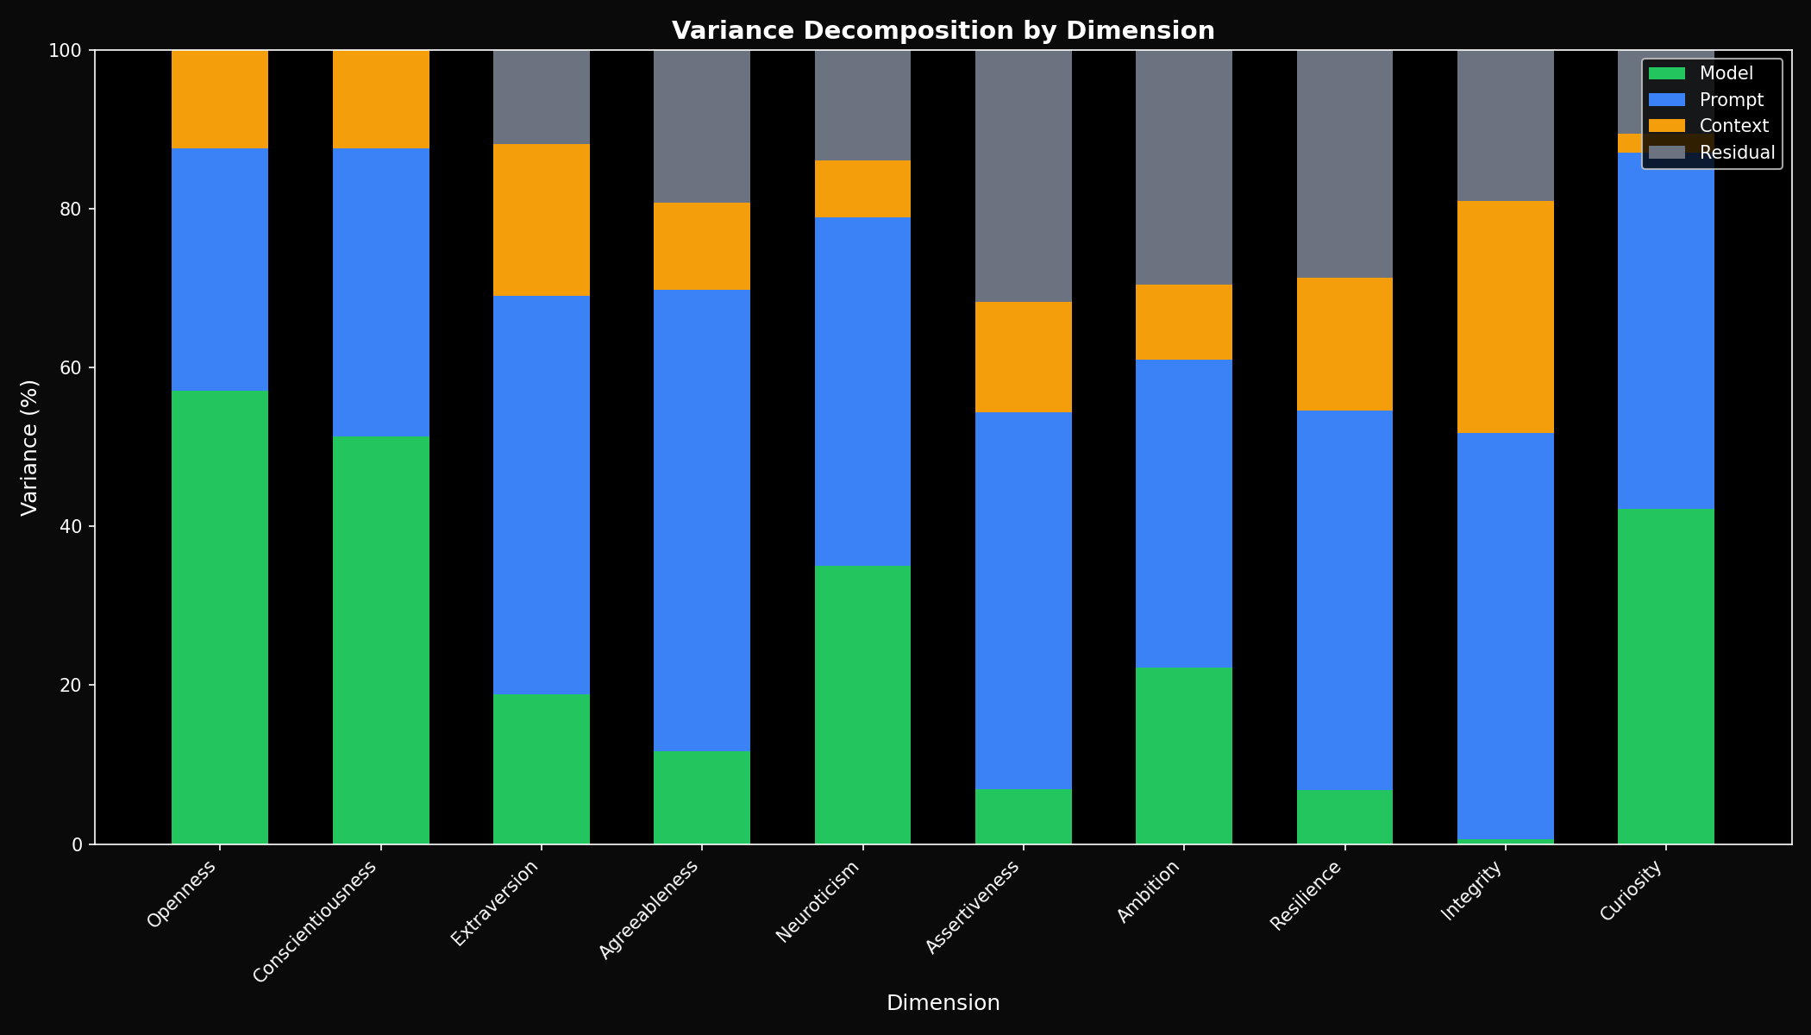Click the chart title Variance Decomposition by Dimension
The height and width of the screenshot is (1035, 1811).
click(943, 31)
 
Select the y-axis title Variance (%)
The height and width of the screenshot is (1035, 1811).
click(29, 447)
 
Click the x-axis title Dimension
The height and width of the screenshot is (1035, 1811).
click(943, 1003)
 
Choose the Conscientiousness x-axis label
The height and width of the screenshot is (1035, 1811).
click(316, 921)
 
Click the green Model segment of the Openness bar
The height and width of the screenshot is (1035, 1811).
click(220, 617)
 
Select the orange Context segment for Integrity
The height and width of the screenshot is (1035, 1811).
click(1505, 317)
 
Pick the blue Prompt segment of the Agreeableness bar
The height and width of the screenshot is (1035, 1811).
click(701, 520)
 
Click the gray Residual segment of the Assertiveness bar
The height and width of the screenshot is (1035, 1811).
click(1023, 176)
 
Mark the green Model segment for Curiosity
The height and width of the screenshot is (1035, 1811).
click(1665, 675)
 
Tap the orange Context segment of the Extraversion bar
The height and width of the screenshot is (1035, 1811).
click(541, 220)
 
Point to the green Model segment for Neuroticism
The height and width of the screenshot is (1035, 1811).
click(862, 704)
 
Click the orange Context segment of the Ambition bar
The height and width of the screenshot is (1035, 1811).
click(1183, 322)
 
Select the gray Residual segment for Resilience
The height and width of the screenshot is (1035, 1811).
click(1344, 164)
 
